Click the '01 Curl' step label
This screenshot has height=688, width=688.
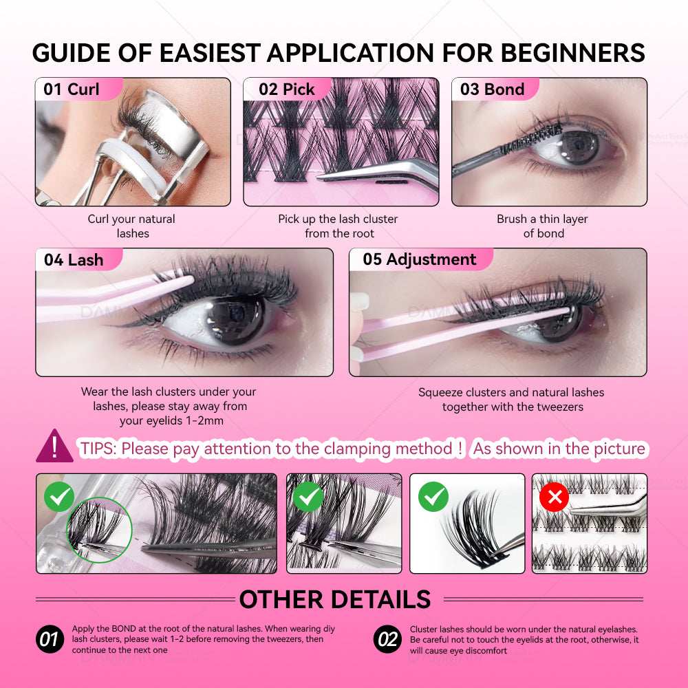coord(72,89)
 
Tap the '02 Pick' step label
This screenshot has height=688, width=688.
coord(286,89)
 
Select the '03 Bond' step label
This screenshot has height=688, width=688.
coord(492,89)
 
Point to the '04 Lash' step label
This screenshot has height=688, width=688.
coord(74,260)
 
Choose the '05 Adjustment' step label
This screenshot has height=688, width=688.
coord(420,259)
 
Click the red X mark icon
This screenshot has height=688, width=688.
coord(554,497)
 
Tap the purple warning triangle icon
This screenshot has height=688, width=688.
coord(54,447)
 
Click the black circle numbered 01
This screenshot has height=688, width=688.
coord(50,639)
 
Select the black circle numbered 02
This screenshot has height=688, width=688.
coord(387,639)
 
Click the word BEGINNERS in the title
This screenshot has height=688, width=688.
coord(572,53)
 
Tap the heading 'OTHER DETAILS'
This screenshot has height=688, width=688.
coord(335,599)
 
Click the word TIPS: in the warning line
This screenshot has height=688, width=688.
coord(98,449)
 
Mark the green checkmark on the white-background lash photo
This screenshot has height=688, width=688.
coord(433,497)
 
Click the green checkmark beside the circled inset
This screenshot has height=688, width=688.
coord(59,497)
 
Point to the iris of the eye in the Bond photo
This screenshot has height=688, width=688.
coord(578,146)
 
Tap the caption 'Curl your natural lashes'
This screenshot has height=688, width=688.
coord(131,226)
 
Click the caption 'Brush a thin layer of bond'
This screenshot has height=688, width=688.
coord(542,226)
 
